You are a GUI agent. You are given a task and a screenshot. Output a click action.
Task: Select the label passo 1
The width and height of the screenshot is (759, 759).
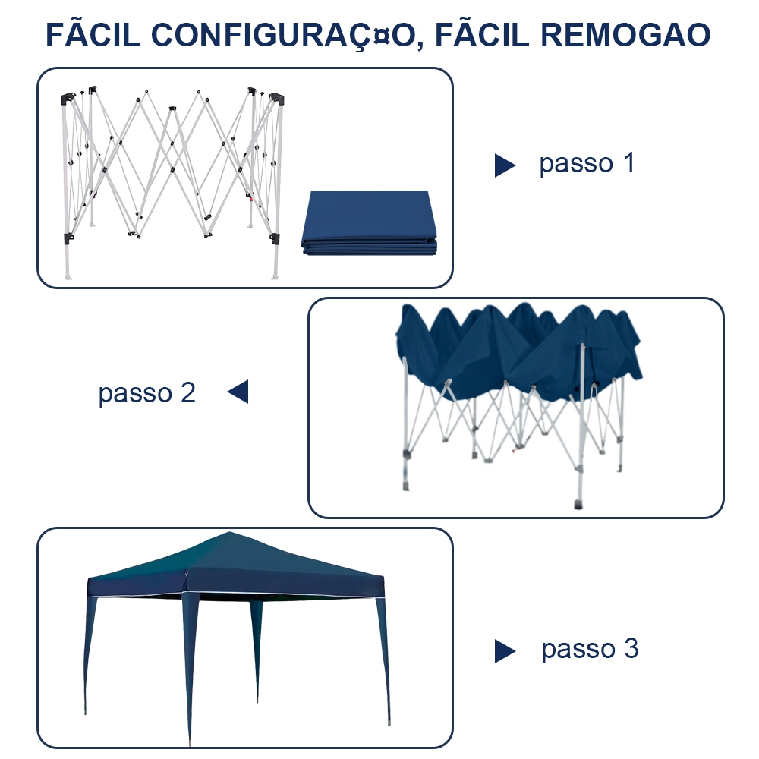(x=586, y=163)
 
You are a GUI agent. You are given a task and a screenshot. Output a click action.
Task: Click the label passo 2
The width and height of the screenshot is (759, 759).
(x=146, y=392)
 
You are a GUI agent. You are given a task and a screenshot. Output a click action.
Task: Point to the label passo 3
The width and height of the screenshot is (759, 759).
(x=590, y=649)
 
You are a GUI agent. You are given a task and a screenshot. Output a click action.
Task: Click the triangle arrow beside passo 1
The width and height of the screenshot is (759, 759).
(x=505, y=165)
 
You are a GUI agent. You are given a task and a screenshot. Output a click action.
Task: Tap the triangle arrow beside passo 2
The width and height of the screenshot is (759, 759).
(x=238, y=392)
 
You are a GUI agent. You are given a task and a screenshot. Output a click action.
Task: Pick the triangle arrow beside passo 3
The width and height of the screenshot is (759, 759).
(x=505, y=650)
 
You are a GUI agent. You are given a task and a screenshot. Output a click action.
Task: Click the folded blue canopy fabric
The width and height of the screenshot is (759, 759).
(x=369, y=223)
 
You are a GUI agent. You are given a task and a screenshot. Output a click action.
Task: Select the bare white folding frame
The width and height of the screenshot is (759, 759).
(x=171, y=175)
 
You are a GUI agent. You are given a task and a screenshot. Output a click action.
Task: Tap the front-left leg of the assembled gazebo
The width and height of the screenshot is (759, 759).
(x=189, y=668)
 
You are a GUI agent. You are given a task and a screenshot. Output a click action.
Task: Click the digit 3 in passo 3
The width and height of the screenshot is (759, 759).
(x=631, y=649)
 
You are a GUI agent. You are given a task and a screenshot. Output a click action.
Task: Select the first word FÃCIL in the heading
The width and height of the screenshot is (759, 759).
(x=90, y=36)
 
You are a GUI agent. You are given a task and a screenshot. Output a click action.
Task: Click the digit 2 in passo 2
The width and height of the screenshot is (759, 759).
(x=187, y=392)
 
